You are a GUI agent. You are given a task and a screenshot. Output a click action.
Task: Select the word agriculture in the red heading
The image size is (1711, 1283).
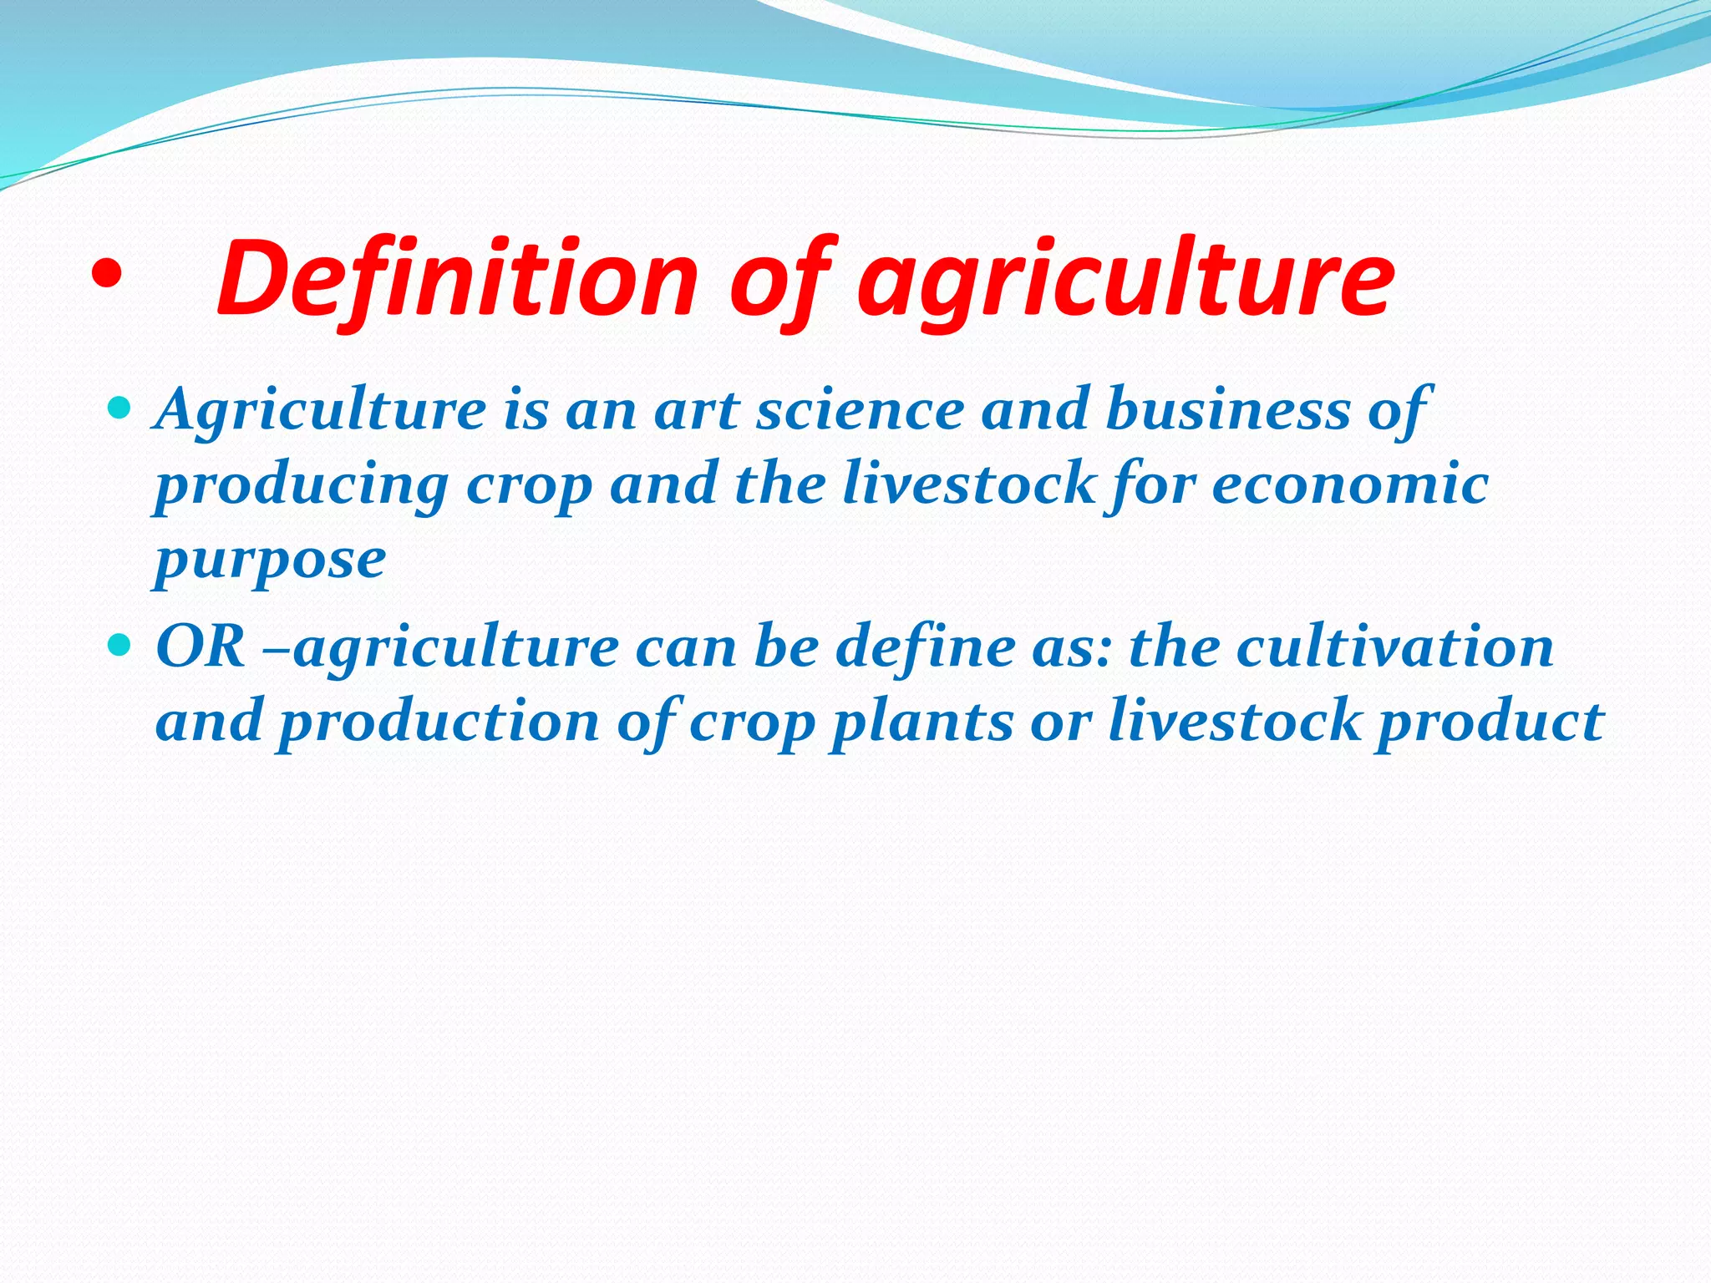(1125, 282)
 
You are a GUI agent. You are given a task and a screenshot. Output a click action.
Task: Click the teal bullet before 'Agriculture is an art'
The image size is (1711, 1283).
(120, 408)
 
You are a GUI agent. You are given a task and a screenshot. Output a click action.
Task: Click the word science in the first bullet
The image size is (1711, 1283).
(860, 411)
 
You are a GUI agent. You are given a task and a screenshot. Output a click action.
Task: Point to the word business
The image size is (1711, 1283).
(1226, 411)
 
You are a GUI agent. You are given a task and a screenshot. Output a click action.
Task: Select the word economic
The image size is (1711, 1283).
(1350, 484)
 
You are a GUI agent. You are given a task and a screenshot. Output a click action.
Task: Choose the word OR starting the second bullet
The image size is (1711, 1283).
(201, 647)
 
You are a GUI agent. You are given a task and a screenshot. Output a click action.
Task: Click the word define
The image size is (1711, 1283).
(924, 647)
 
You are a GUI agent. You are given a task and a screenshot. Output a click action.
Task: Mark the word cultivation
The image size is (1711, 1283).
(1394, 647)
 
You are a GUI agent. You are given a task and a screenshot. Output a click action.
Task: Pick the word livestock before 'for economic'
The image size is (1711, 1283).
(968, 484)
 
